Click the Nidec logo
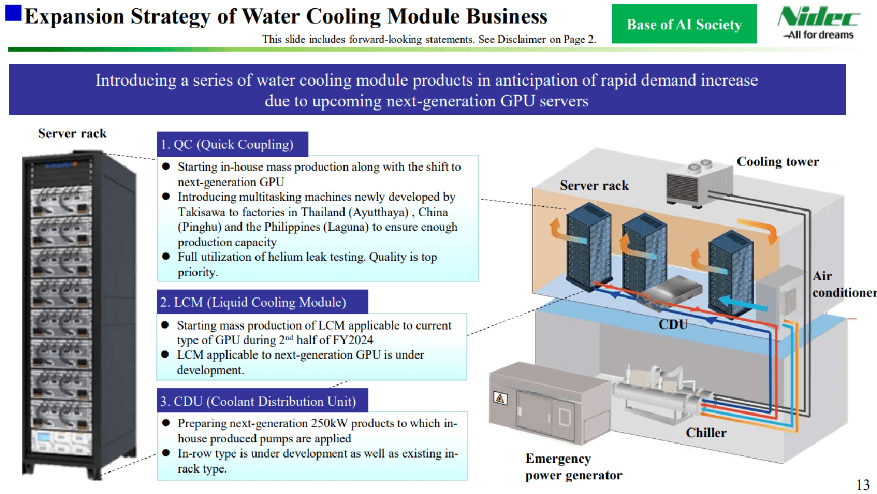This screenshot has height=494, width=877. (818, 22)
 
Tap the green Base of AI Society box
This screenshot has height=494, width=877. (684, 24)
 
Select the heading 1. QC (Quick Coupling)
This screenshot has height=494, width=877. (233, 144)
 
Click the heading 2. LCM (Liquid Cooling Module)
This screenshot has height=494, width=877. (262, 302)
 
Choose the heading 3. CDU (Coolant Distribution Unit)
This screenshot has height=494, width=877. (262, 401)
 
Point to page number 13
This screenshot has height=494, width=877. (862, 485)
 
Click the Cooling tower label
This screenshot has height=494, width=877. (778, 162)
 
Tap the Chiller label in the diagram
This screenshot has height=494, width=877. (706, 433)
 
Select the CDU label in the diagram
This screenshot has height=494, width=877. (673, 324)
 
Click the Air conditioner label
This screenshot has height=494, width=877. (844, 284)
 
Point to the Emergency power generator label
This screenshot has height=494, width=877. (573, 467)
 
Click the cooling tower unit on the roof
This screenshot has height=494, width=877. (699, 183)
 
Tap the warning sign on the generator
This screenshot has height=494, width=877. (500, 398)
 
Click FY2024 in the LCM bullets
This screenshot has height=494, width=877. (354, 340)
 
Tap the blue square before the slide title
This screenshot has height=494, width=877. (14, 13)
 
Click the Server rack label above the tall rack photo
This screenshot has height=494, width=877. (72, 133)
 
